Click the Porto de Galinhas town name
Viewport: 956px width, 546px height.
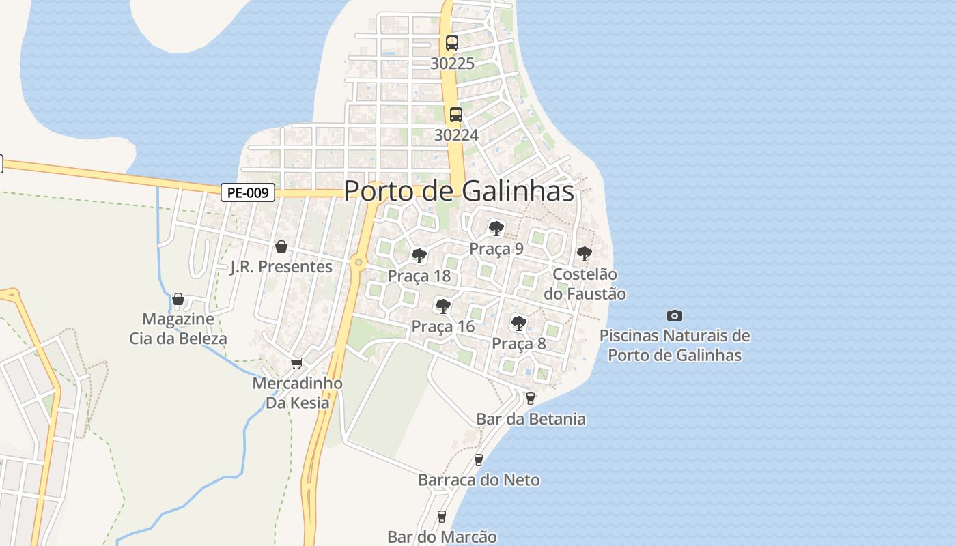coord(458,191)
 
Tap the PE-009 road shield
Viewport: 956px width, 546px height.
coord(248,192)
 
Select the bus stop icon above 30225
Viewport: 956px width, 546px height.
coord(451,43)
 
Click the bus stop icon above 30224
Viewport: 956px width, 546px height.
coord(456,115)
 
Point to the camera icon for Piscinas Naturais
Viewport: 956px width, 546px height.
coord(674,315)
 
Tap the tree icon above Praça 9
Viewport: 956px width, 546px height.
coord(496,228)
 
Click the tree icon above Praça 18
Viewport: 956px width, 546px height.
coord(419,256)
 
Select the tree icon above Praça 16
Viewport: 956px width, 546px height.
coord(442,306)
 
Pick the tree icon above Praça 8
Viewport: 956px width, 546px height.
coord(518,323)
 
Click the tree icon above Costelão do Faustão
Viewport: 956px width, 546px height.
coord(584,254)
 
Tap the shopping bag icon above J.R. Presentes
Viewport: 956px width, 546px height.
coord(281,246)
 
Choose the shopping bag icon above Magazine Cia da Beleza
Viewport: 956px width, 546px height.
coord(178,299)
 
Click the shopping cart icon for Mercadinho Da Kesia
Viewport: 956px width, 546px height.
coord(296,363)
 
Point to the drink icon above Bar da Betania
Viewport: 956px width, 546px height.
coord(530,399)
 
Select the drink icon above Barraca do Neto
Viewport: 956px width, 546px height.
coord(478,460)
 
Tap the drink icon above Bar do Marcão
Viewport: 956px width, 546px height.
coord(441,517)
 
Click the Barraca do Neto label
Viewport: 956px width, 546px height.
coord(479,480)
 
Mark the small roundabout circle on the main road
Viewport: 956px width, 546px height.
coord(358,262)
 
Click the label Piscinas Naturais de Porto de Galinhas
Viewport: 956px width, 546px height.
coord(675,345)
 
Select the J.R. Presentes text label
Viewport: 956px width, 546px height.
coord(281,267)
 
